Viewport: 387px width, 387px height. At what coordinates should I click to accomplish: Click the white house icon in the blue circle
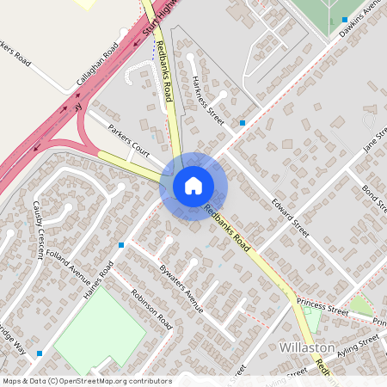(193, 186)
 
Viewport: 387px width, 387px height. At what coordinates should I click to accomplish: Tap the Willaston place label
(308, 347)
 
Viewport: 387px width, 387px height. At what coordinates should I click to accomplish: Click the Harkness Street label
(208, 101)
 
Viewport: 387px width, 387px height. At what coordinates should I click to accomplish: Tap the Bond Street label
(375, 200)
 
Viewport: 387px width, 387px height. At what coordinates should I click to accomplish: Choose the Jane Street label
(374, 138)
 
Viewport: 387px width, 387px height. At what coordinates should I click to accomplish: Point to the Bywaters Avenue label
(181, 288)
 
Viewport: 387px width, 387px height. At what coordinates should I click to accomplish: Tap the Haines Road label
(100, 280)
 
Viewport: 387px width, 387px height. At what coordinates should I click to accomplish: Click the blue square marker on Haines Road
(121, 245)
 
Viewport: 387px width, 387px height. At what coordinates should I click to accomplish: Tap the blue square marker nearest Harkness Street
(243, 123)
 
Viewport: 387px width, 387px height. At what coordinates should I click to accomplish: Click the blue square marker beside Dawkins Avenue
(344, 19)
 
